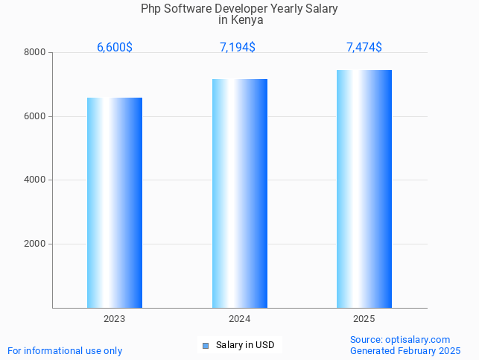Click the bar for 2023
[x=115, y=203]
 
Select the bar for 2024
[x=239, y=193]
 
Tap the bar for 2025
[x=364, y=189]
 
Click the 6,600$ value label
[x=115, y=48]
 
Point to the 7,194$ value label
[x=238, y=48]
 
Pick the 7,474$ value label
[x=364, y=48]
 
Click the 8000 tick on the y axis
[x=36, y=52]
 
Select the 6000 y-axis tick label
[x=36, y=116]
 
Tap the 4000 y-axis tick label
[x=36, y=180]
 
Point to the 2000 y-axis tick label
[x=36, y=244]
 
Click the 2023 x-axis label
[x=115, y=319]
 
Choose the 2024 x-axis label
[x=239, y=319]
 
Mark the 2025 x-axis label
[x=364, y=319]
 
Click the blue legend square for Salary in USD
[x=206, y=345]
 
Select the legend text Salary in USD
[x=245, y=345]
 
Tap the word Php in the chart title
[x=150, y=9]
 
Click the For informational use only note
[x=65, y=350]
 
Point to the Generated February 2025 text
[x=405, y=350]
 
